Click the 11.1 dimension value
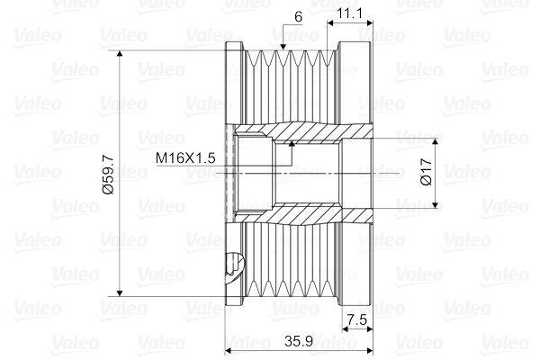pos(349,13)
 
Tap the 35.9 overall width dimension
pos(299,341)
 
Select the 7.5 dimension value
pos(357,320)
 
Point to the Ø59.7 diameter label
pos(108,174)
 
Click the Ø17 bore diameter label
pos(427,172)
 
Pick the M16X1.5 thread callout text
pos(185,158)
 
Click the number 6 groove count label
pos(298,17)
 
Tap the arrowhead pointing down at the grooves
pos(283,47)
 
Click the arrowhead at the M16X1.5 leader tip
pos(292,143)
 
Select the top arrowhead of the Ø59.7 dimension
pos(120,54)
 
